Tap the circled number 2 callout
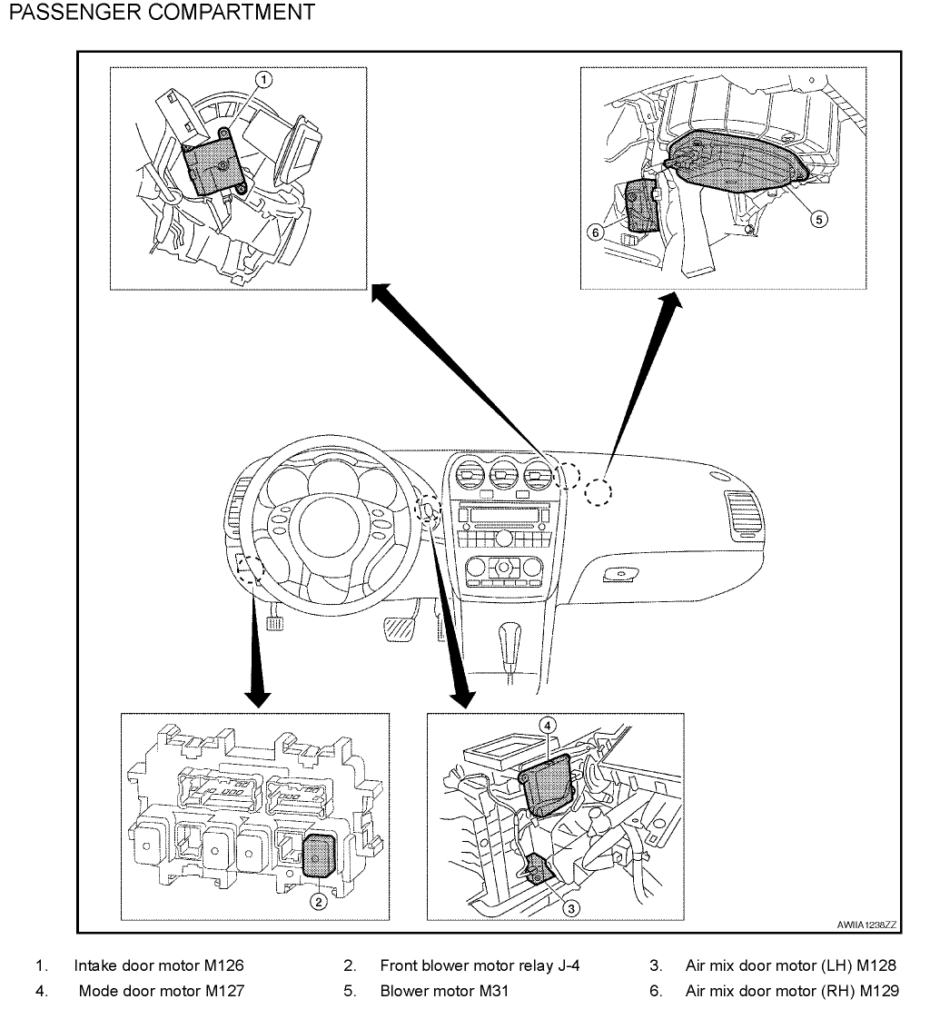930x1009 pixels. pos(318,901)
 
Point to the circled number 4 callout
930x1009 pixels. pos(547,724)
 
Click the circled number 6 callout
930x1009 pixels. pos(596,232)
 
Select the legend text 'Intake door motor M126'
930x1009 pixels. pos(159,964)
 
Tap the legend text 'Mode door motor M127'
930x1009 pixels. pos(161,991)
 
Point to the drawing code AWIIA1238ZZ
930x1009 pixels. pos(866,925)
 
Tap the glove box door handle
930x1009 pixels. pos(618,574)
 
